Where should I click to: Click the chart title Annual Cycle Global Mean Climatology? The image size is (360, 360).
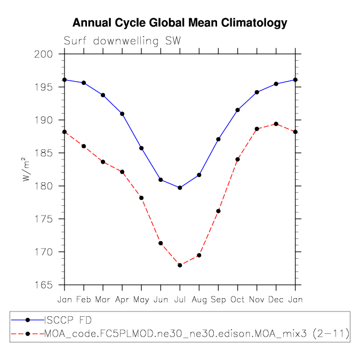(180, 23)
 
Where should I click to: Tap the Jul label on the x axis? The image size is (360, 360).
(180, 299)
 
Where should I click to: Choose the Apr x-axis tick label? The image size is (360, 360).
(122, 299)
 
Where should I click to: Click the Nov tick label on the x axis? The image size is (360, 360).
(257, 299)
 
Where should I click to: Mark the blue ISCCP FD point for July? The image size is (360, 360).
(180, 188)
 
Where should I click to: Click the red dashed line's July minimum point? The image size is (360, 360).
(180, 265)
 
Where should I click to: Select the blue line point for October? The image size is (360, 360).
(237, 110)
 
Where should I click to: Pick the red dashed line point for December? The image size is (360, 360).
(276, 124)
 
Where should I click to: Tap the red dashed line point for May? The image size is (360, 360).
(141, 198)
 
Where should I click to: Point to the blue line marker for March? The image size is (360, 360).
(103, 95)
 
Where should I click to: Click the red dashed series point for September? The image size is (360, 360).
(218, 211)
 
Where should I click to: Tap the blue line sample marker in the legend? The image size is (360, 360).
(28, 320)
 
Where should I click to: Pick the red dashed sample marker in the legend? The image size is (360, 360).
(28, 334)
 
